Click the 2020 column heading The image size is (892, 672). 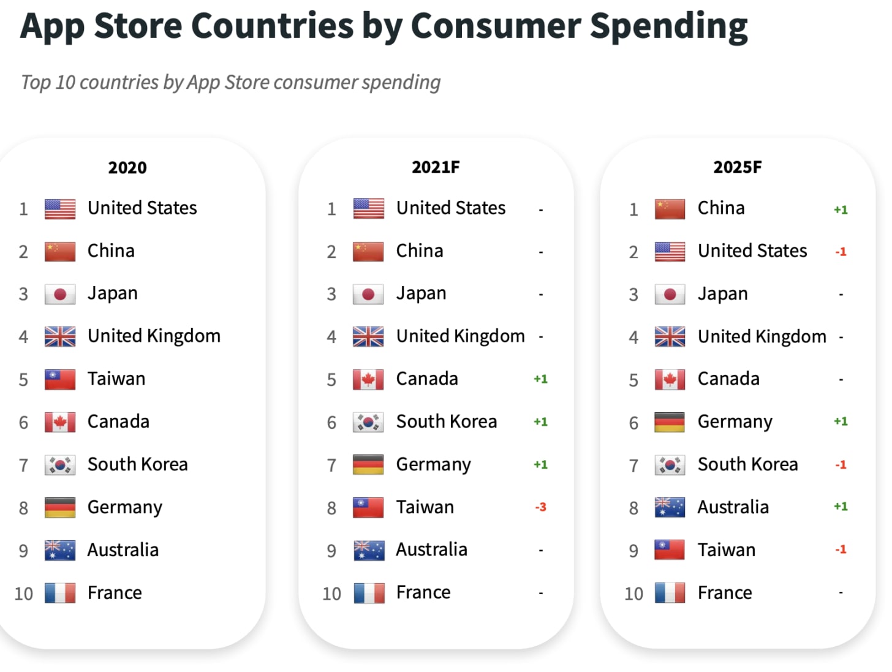coord(127,167)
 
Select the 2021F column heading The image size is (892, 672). coord(436,167)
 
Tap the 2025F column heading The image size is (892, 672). coord(738,167)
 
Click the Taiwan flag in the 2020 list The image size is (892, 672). coord(60,379)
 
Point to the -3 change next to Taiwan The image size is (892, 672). coord(540,507)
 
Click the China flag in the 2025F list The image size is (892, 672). coord(670,209)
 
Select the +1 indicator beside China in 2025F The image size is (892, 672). coord(841,210)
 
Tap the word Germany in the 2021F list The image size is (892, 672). coord(433,465)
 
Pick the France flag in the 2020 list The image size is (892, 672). coord(60,593)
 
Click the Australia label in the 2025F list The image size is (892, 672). coord(733,507)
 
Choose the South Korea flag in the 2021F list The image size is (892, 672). coord(368,422)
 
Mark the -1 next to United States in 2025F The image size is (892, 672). coord(841,252)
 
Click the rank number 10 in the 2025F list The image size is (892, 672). coord(633,594)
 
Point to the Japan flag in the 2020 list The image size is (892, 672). coord(60,294)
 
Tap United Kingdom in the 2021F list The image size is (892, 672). coord(460,336)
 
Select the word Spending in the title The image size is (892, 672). coord(668,26)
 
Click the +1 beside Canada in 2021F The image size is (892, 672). coord(540,379)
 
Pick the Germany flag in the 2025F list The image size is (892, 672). coord(670,422)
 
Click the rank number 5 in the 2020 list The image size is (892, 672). coord(23,380)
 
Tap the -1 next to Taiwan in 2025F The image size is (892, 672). coord(841,549)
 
